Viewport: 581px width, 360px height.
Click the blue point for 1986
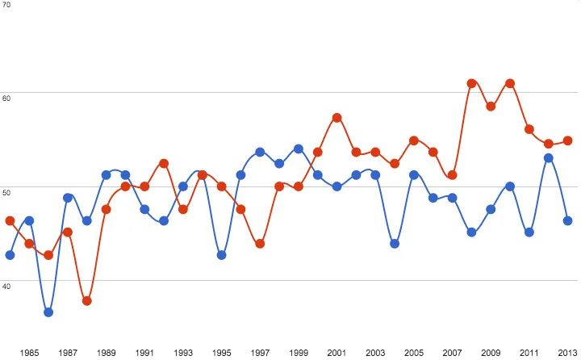click(x=48, y=312)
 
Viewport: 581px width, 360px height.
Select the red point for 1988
click(x=87, y=301)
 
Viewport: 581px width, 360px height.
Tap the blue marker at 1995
click(x=222, y=255)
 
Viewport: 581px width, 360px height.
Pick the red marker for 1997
click(x=260, y=244)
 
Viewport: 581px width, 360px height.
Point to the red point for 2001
click(x=336, y=118)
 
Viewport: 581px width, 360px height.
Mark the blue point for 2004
click(x=395, y=244)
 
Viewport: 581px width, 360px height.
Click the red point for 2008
click(x=471, y=83)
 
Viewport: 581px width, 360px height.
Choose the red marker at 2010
click(x=510, y=83)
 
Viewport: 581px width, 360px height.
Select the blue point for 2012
click(x=549, y=158)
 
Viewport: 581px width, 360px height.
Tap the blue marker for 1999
click(x=299, y=149)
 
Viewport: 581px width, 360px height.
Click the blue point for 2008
click(x=471, y=233)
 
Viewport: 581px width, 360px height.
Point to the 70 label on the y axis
click(x=6, y=4)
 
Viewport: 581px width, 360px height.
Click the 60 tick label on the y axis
click(x=6, y=95)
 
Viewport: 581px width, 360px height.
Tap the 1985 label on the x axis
click(x=29, y=353)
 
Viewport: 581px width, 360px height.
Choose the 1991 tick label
click(x=144, y=353)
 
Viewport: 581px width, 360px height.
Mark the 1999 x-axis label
click(x=299, y=353)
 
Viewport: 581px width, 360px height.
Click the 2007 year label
click(x=452, y=353)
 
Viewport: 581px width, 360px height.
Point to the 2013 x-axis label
click(x=567, y=353)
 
